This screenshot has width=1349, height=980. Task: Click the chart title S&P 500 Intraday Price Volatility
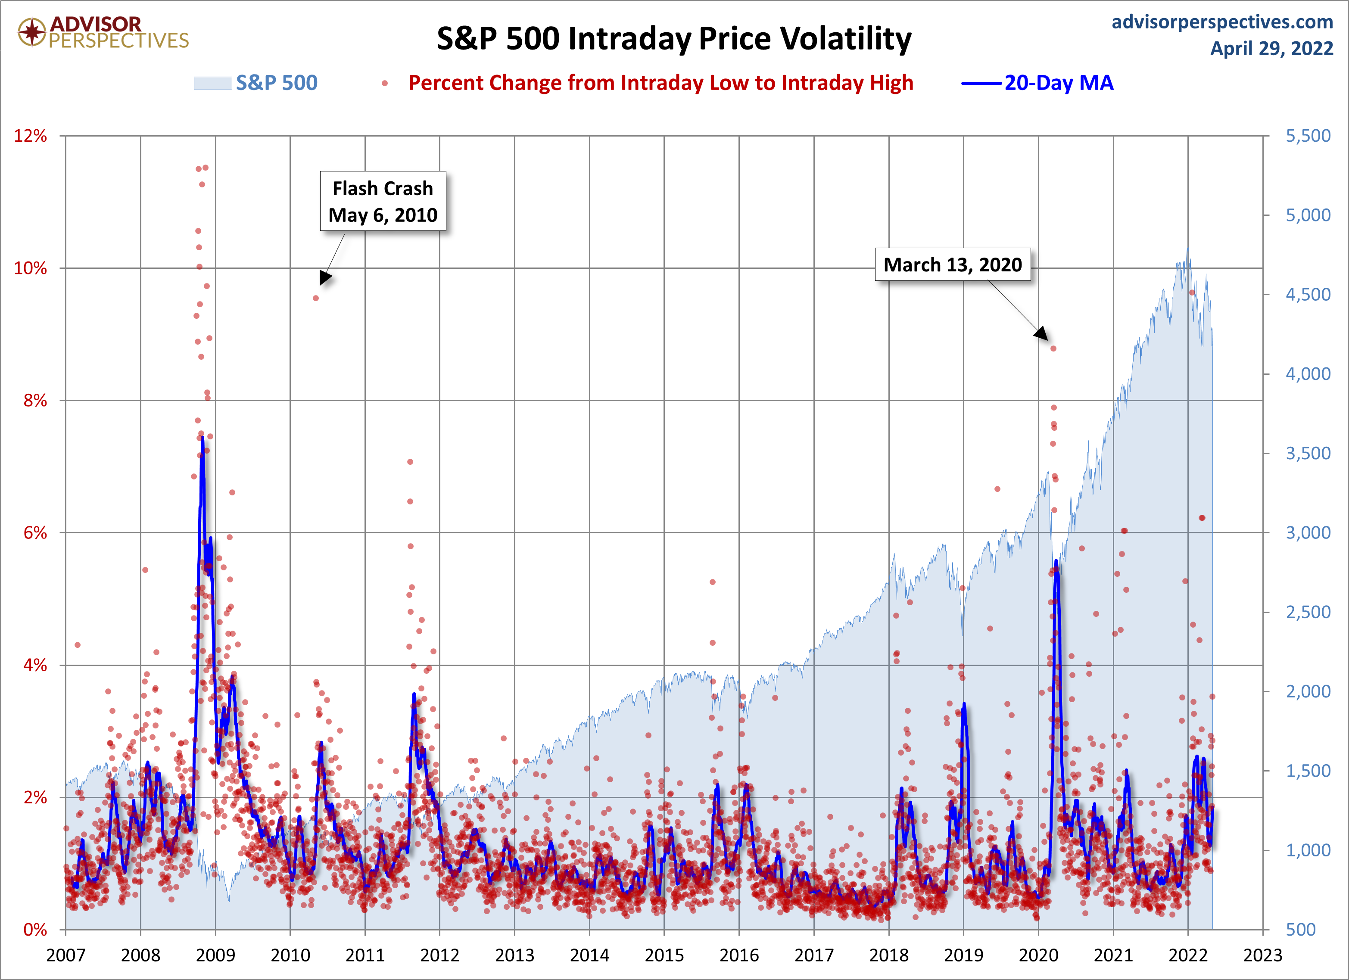click(674, 39)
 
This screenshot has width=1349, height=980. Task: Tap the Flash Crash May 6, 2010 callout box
click(383, 202)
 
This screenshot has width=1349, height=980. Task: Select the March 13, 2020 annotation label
click(952, 264)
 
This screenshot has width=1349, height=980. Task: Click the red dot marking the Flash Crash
click(316, 298)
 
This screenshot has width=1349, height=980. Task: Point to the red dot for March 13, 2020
click(1053, 348)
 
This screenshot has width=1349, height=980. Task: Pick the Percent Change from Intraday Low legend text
click(660, 83)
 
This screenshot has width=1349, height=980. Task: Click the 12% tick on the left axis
click(30, 136)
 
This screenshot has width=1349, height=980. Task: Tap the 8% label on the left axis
click(35, 400)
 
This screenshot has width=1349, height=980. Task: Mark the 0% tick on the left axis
click(35, 930)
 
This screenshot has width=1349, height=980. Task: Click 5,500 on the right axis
click(1308, 136)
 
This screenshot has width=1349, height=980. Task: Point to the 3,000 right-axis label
click(1308, 533)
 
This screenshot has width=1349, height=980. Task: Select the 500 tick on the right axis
click(1301, 930)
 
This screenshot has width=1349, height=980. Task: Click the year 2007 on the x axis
click(65, 955)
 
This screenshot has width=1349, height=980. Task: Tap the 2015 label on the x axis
click(664, 955)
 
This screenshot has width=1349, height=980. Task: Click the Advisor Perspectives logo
click(103, 32)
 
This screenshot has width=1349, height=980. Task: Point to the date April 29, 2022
click(1272, 48)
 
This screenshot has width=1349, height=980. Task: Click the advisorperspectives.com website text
click(1222, 22)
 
